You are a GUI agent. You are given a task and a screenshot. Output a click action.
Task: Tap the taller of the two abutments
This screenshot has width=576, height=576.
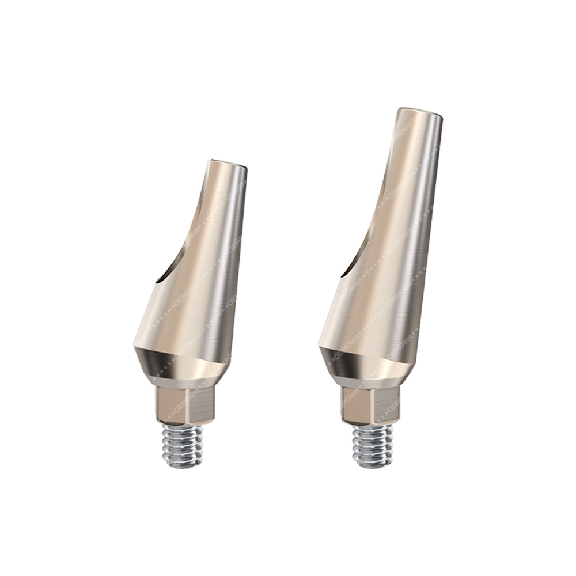380,288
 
